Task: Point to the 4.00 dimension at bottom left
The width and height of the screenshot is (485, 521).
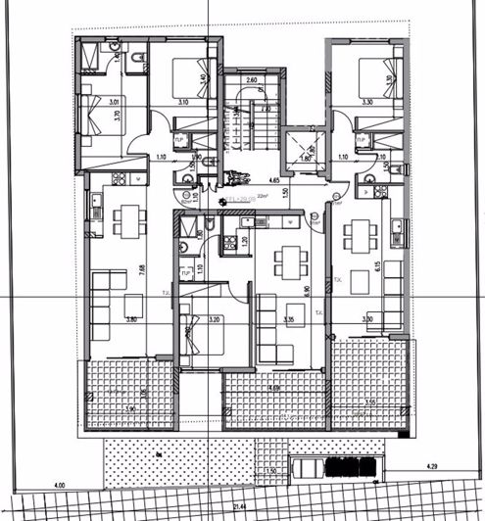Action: click(59, 485)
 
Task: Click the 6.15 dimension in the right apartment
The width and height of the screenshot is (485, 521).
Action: click(377, 266)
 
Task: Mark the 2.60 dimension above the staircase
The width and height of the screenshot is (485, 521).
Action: click(252, 80)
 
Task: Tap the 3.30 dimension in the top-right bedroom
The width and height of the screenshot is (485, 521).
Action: click(368, 101)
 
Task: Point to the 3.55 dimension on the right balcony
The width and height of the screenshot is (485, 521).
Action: click(370, 402)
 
